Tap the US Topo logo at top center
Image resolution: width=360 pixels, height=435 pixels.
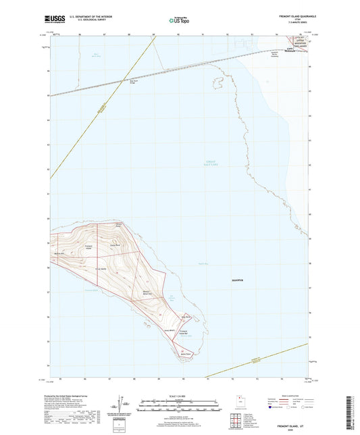tap(176, 21)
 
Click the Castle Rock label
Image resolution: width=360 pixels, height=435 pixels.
tap(115, 245)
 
